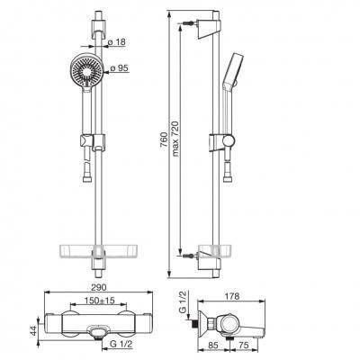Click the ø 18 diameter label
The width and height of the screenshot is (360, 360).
click(117, 42)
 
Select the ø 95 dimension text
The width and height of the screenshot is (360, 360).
click(120, 68)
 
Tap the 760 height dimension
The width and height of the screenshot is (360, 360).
click(164, 139)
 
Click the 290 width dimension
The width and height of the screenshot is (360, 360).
click(98, 287)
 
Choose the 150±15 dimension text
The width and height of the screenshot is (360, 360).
click(99, 301)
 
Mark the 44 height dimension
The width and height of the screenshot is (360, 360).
click(34, 330)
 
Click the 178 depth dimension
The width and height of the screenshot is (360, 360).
click(232, 296)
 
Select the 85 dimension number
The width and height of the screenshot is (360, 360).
click(212, 346)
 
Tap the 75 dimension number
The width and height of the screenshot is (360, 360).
click(243, 346)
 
